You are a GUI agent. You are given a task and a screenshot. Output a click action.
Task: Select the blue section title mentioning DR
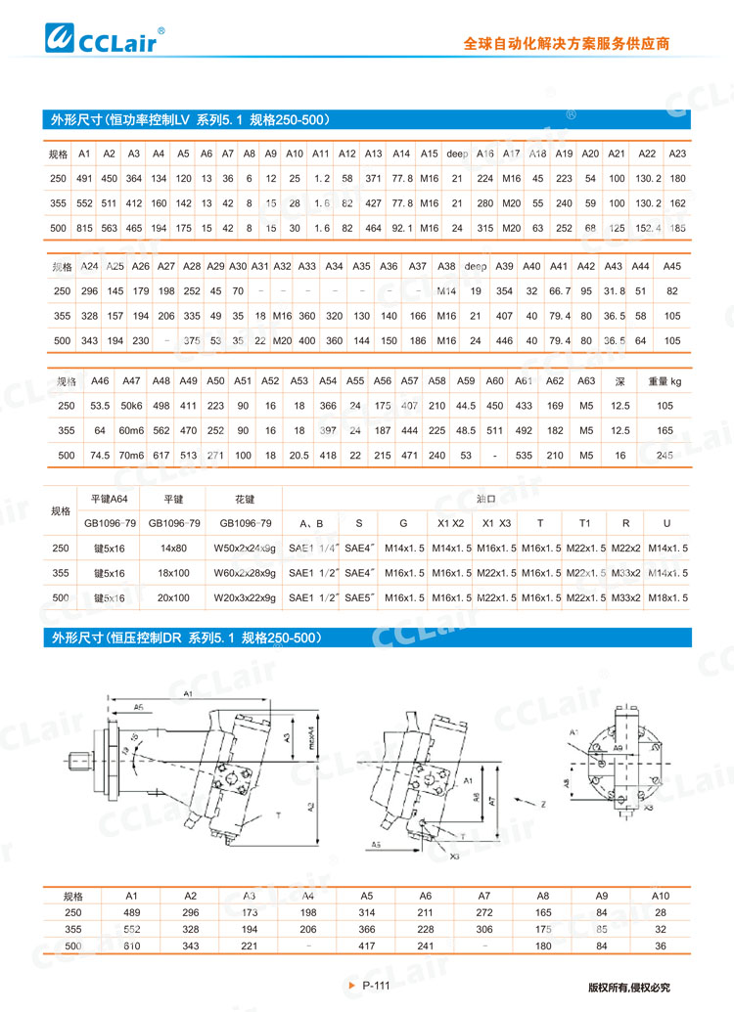click(x=199, y=638)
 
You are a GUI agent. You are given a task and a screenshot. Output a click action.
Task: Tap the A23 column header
click(x=677, y=154)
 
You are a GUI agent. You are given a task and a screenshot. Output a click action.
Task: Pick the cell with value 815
click(x=84, y=228)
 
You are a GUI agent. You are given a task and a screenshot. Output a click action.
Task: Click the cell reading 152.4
click(x=647, y=228)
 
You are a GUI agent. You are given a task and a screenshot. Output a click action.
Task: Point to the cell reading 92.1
click(x=401, y=228)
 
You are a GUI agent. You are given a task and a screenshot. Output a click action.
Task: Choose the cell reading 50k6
click(x=131, y=405)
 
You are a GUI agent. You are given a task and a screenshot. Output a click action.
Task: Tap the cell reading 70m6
click(x=131, y=456)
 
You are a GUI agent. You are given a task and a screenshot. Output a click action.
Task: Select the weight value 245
click(x=664, y=456)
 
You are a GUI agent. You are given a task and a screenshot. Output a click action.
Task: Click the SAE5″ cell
click(x=359, y=596)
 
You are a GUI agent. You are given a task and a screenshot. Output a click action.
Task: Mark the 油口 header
click(x=485, y=498)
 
